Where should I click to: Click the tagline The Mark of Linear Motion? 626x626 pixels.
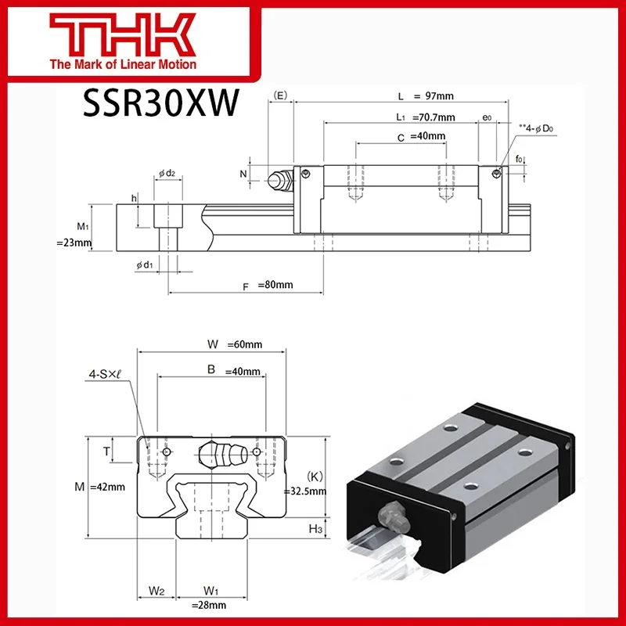click(123, 65)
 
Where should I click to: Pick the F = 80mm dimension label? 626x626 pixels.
click(268, 286)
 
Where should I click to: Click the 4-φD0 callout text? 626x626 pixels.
click(537, 125)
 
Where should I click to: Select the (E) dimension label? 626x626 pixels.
click(280, 97)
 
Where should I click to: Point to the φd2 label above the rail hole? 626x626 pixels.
click(166, 174)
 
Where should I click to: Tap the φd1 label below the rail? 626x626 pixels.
click(144, 265)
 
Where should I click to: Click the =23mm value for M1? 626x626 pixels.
click(74, 243)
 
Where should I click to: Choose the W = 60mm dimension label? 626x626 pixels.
click(235, 344)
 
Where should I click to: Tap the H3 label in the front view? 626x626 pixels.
click(316, 530)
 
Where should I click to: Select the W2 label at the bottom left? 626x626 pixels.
click(155, 590)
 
